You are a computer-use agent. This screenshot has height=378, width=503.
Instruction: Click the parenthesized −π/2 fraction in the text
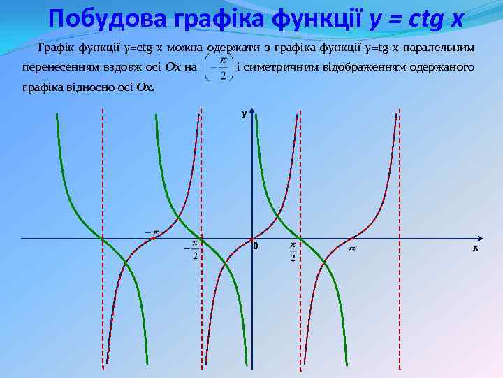pos(217,69)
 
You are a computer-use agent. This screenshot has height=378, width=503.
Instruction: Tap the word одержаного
pos(441,67)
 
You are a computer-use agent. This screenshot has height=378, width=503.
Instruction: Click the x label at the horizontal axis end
pos(475,248)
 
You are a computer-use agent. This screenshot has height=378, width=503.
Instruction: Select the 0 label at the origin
pos(256,247)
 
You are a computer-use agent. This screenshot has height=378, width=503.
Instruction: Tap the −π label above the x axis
pos(152,231)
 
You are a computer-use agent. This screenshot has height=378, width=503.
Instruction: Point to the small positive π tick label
pos(353,248)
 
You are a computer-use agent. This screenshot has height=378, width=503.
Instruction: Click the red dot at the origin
pos(251,239)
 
